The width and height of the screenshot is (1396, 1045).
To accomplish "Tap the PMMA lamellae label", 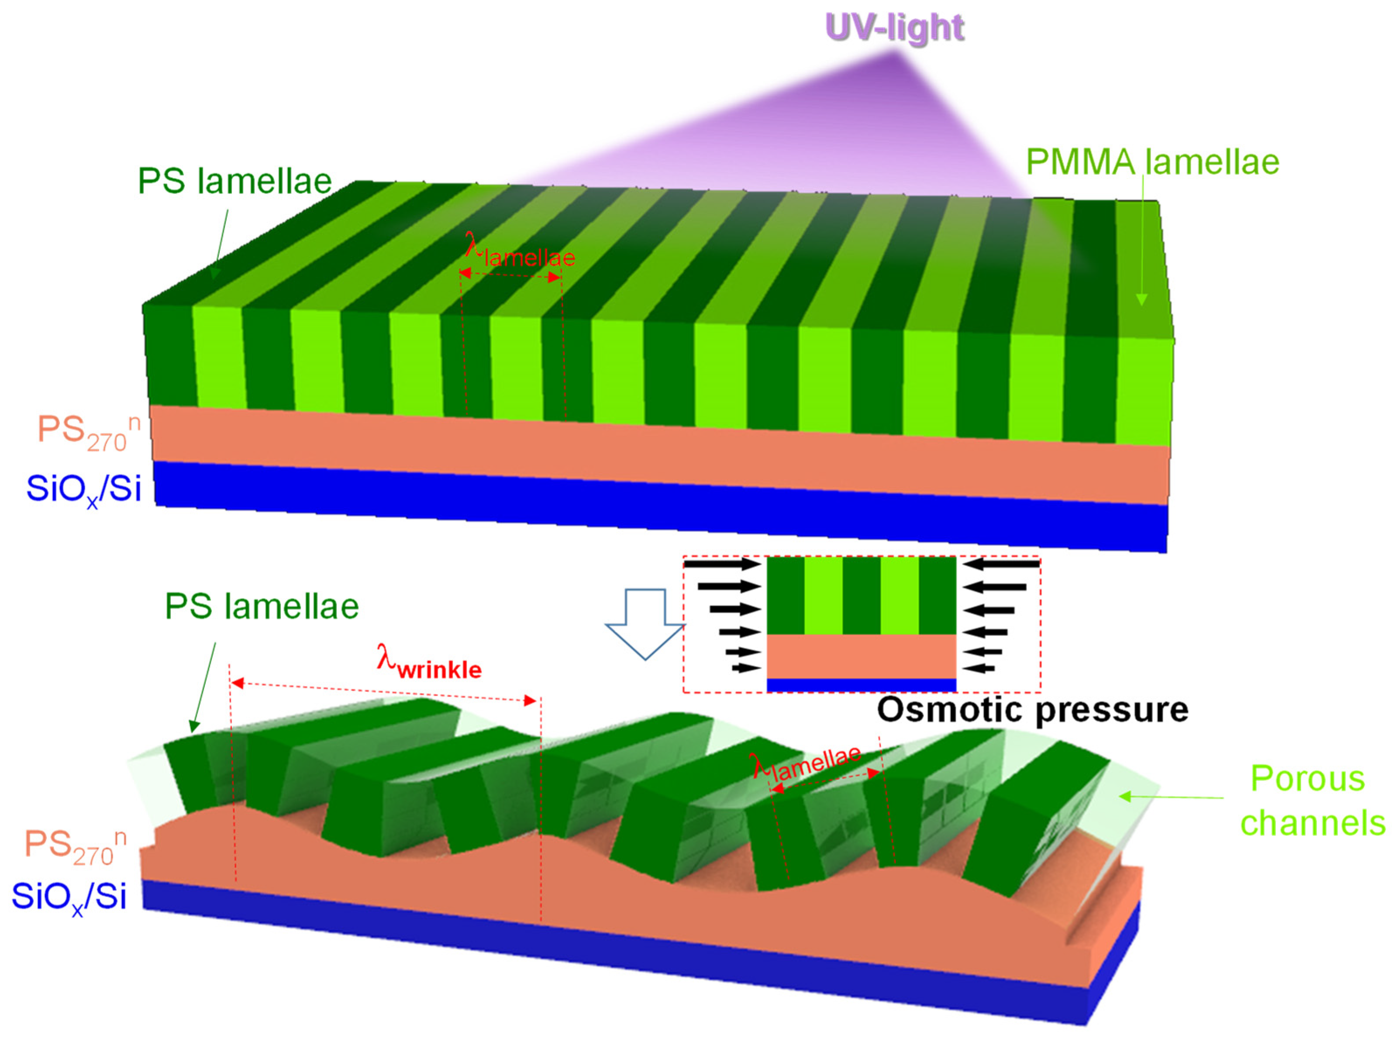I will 1152,162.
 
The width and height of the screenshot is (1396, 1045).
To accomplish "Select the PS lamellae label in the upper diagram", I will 235,181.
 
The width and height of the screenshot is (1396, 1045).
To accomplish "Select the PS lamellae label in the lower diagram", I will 262,606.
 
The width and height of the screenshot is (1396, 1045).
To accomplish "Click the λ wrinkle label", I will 429,663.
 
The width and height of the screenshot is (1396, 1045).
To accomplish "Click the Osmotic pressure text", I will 1033,710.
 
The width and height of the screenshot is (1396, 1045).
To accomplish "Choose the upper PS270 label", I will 88,432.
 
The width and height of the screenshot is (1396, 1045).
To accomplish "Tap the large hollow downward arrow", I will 645,622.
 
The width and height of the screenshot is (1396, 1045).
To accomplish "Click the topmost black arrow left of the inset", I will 723,564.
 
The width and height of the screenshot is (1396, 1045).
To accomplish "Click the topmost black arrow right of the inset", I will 1002,564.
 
